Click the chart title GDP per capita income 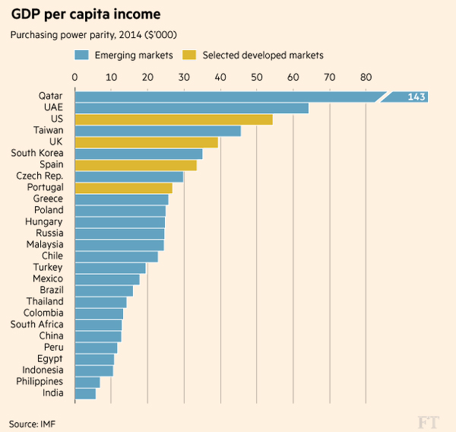(84, 14)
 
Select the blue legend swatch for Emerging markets (82, 55)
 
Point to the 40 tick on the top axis (220, 77)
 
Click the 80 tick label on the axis (366, 77)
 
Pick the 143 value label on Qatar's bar (415, 97)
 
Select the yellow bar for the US (173, 119)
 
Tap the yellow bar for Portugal (123, 188)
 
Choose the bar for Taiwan (157, 131)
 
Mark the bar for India (85, 393)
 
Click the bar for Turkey (110, 268)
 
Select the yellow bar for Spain (135, 165)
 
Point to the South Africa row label (36, 325)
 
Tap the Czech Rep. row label (40, 176)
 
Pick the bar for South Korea (138, 154)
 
